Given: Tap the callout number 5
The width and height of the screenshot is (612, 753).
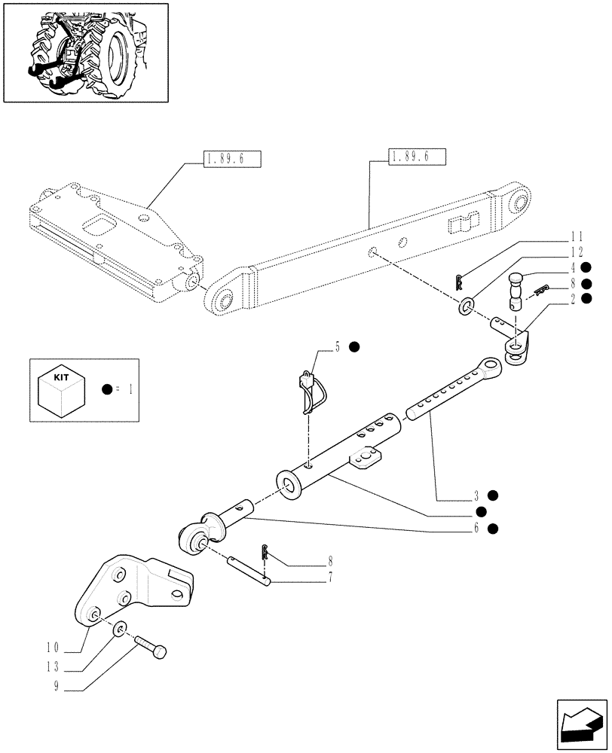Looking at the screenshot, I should [x=338, y=347].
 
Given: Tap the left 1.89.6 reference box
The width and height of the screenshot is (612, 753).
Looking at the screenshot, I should [x=231, y=159].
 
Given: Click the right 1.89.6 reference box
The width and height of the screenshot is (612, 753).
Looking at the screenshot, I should [x=417, y=157].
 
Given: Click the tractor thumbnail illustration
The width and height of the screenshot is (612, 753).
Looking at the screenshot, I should [x=84, y=52].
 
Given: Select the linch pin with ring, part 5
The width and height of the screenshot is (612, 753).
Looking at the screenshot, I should [x=312, y=392].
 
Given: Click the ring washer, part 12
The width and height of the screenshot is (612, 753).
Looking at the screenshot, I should [x=467, y=306].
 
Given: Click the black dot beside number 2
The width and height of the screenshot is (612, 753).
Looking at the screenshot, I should [x=586, y=299].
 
